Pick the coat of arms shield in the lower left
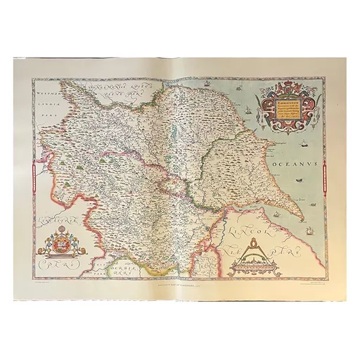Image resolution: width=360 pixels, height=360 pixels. point(58,247)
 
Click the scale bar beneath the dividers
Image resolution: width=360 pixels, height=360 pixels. point(255,268)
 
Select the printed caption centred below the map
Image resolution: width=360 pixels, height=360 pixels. point(180,283)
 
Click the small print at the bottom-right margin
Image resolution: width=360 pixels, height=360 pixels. point(309,284)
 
